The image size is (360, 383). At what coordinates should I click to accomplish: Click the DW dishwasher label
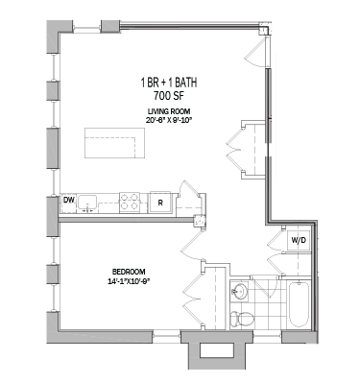click(68, 201)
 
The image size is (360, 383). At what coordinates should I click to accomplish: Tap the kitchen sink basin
click(89, 202)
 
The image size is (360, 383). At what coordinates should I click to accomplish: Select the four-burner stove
click(130, 201)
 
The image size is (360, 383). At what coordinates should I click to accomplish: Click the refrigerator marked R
click(160, 202)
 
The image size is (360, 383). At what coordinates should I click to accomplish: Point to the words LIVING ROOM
click(168, 111)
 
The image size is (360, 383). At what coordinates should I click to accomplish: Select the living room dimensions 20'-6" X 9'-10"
click(168, 121)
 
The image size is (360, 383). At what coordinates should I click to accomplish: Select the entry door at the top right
click(257, 46)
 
